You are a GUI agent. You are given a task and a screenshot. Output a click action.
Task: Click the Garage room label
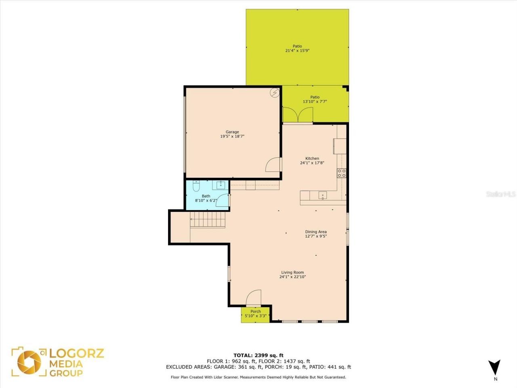pos(232,132)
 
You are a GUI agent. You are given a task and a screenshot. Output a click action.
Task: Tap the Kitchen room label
pos(312,158)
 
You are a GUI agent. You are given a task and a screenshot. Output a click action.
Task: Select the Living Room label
pos(292,272)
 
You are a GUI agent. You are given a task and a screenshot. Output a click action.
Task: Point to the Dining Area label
pos(316,232)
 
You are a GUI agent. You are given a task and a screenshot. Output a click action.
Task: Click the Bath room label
pos(206,196)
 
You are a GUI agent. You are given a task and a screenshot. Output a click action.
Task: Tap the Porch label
pos(256,311)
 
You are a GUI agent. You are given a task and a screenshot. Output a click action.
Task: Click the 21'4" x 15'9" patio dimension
pos(297,51)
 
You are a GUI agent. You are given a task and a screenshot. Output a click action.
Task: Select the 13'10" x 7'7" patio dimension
pos(315,102)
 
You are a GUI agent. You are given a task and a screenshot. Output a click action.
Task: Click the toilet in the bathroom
pos(196,186)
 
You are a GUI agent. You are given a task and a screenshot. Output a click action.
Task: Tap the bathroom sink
pos(221,185)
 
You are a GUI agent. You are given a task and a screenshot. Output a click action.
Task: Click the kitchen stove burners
pos(342,173)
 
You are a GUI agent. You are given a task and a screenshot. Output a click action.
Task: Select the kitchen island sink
pos(323,196)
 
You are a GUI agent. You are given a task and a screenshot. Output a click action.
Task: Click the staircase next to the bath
pos(208,221)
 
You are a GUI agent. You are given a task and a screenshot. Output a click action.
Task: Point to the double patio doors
pos(298,115)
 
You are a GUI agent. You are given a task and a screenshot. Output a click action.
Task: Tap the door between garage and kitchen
pos(273,165)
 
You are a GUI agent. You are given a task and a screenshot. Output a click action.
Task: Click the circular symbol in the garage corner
pos(275,93)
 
